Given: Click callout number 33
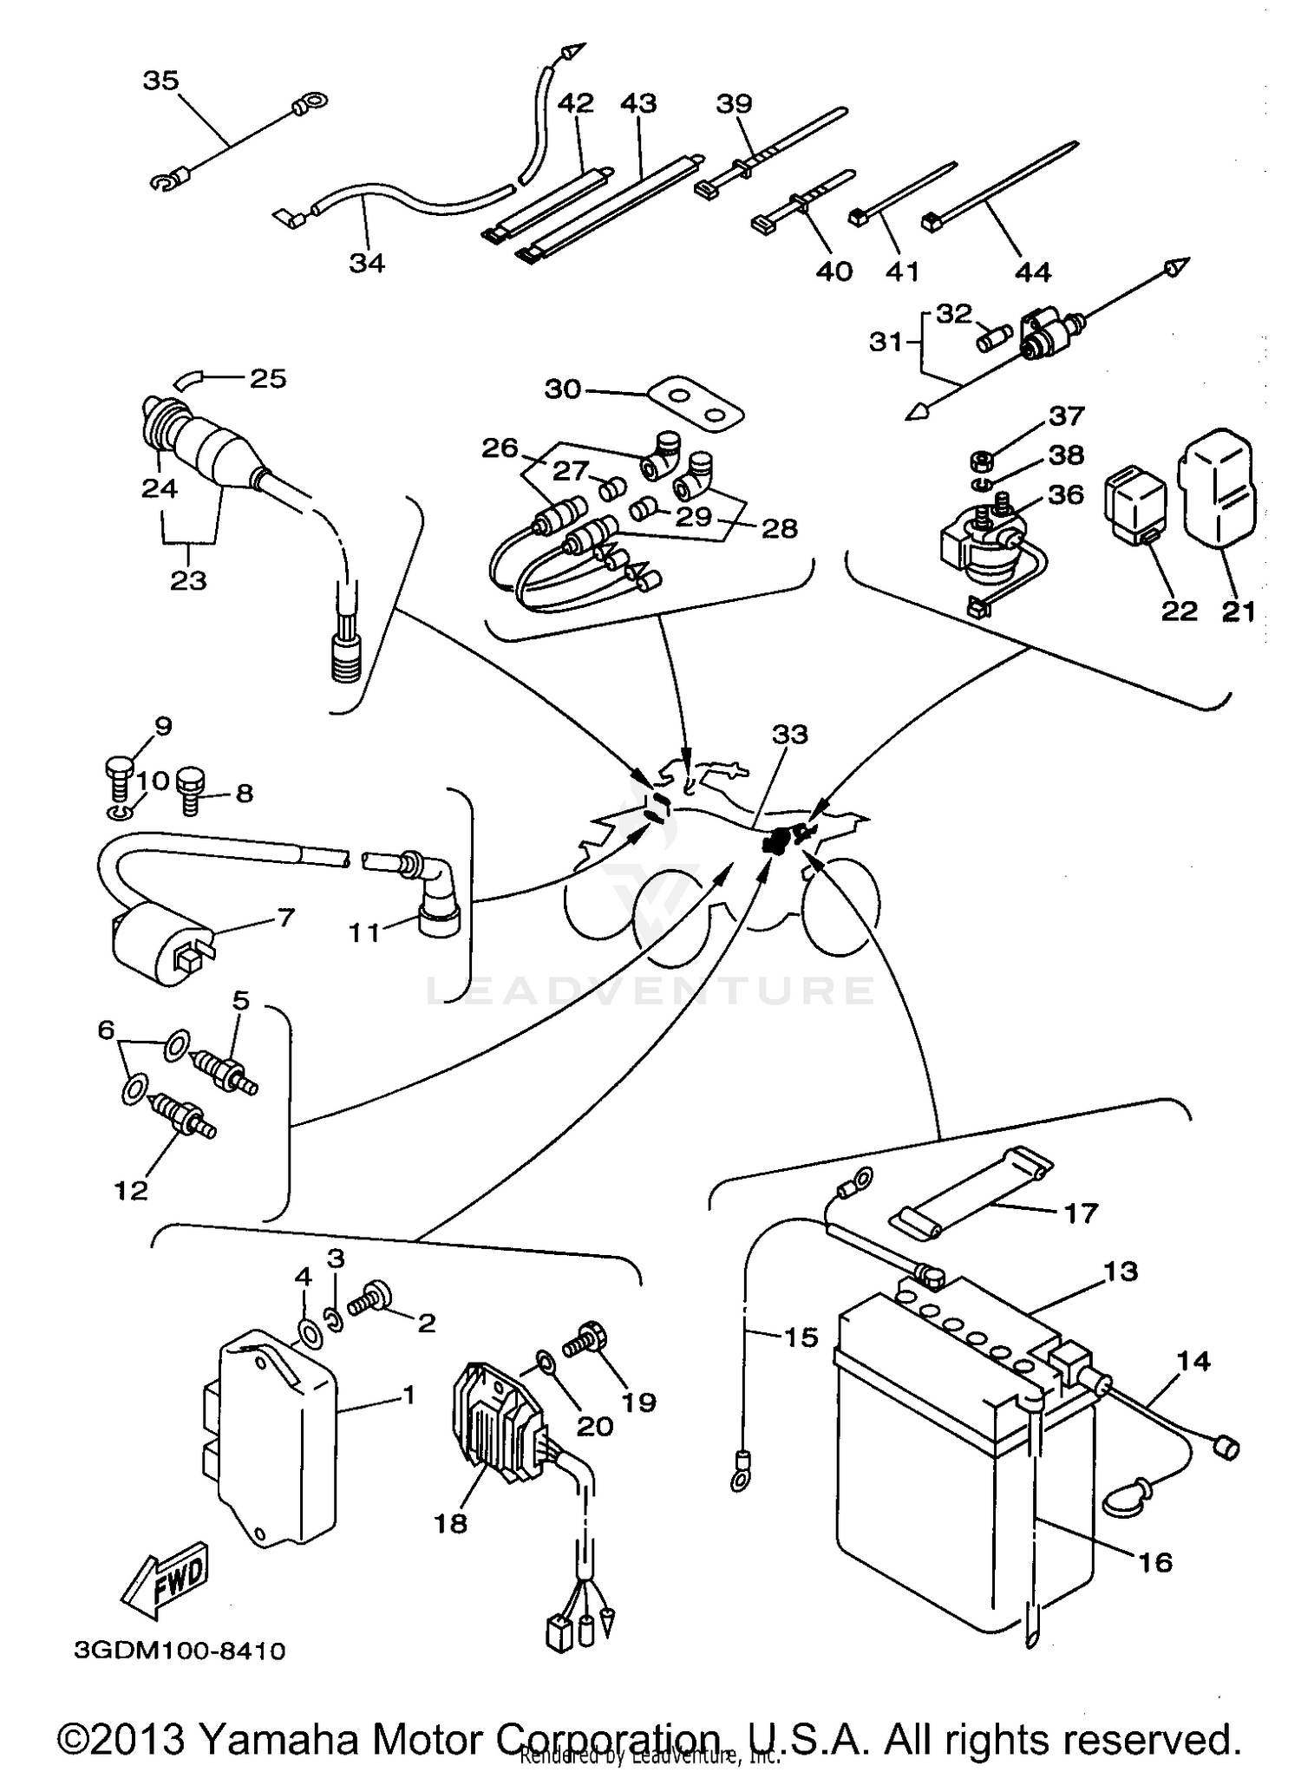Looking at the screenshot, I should click(x=789, y=735).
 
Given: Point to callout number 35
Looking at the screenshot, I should click(x=160, y=81).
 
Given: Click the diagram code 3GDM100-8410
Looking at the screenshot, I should click(x=180, y=1650).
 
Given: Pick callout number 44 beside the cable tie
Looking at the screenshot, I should click(x=1032, y=272).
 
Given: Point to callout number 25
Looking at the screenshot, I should click(x=267, y=379).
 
